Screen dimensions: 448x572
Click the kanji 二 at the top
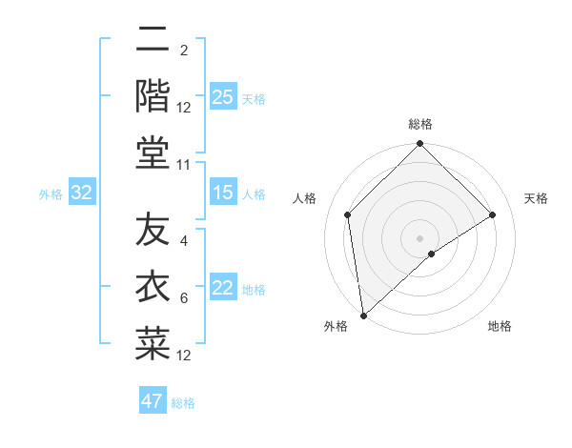click(153, 40)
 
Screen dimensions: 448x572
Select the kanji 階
click(153, 95)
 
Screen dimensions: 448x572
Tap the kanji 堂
click(153, 152)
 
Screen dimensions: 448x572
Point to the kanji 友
click(153, 229)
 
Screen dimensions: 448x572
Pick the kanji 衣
click(153, 286)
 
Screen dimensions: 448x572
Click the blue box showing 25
click(222, 97)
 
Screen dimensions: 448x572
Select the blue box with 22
click(222, 289)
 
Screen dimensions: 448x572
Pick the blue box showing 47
click(153, 401)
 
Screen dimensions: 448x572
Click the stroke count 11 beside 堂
click(184, 165)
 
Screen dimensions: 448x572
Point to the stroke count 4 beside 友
click(184, 241)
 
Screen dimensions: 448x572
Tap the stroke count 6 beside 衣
click(184, 298)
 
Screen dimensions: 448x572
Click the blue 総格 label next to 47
click(183, 403)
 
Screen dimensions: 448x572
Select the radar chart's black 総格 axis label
click(420, 125)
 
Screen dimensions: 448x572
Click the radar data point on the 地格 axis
click(432, 254)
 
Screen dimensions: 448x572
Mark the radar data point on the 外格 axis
click(363, 315)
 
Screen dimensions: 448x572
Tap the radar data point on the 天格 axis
click(493, 214)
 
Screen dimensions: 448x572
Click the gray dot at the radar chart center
click(420, 237)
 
